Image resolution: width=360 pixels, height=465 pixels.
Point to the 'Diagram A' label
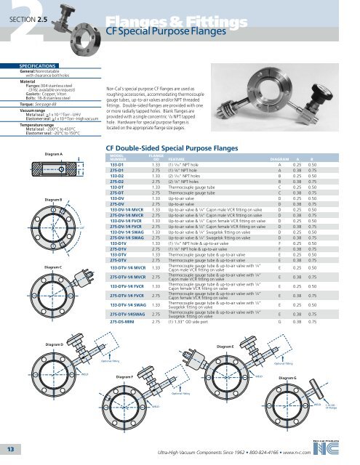pyautogui.click(x=36, y=134)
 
